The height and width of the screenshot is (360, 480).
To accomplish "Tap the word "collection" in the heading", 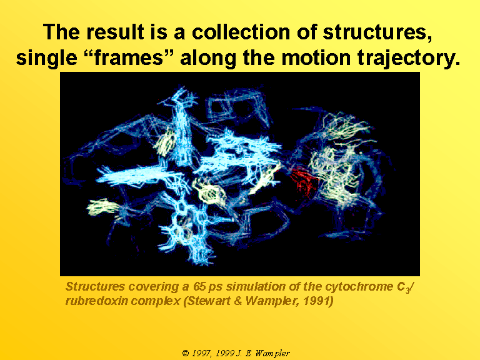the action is coord(241,31).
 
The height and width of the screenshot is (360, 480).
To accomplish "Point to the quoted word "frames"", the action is coord(128,57).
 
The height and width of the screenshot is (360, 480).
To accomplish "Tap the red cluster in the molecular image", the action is coord(304,181).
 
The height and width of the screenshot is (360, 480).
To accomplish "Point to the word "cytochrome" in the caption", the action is coord(359,286).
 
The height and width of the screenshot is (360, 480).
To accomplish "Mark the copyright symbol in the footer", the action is coord(186,353).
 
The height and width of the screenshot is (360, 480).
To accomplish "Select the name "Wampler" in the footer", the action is coord(272,354).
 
